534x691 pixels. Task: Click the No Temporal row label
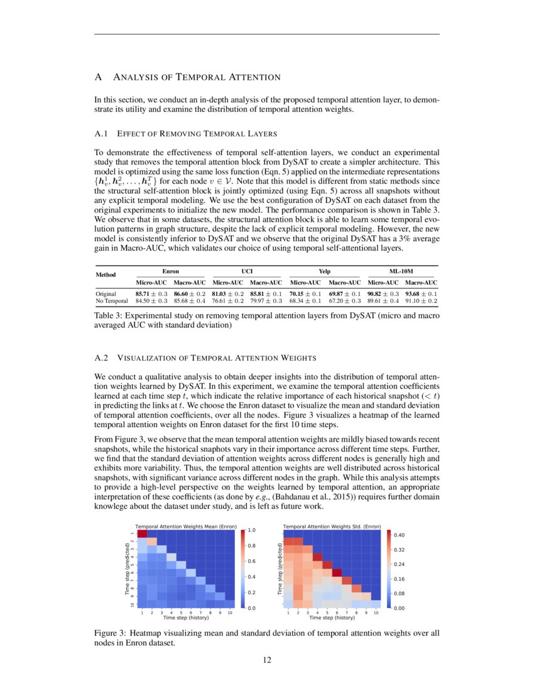(x=111, y=301)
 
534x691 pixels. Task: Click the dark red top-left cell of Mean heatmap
(x=142, y=533)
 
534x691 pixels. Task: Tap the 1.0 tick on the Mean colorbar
(x=252, y=530)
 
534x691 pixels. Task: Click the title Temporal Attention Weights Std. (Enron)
(x=332, y=525)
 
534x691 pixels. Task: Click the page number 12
(x=266, y=660)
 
